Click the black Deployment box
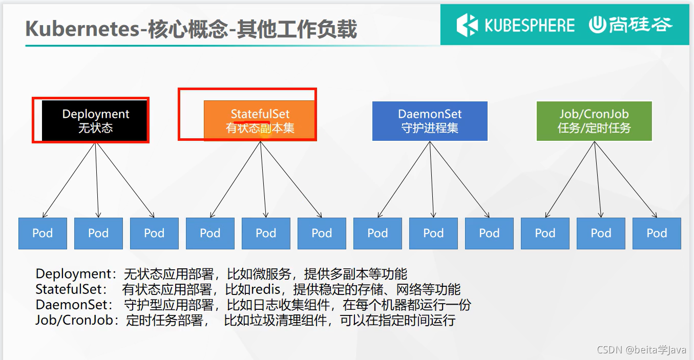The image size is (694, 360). pyautogui.click(x=95, y=121)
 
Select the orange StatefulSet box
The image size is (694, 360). pyautogui.click(x=260, y=121)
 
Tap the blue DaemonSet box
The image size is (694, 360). pyautogui.click(x=430, y=121)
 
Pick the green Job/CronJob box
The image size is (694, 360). pyautogui.click(x=594, y=121)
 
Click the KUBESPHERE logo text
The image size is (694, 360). pyautogui.click(x=529, y=25)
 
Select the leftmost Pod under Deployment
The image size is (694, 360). pyautogui.click(x=43, y=234)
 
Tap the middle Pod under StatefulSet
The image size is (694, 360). pyautogui.click(x=266, y=234)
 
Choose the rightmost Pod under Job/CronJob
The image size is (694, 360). pyautogui.click(x=657, y=234)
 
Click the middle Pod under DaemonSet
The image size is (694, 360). pyautogui.click(x=433, y=234)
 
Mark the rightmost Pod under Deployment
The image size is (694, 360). pyautogui.click(x=154, y=234)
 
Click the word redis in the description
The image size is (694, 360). pyautogui.click(x=265, y=289)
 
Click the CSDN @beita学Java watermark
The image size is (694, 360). pyautogui.click(x=641, y=349)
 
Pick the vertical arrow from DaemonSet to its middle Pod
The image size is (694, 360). pyautogui.click(x=432, y=179)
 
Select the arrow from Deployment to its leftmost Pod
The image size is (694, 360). pyautogui.click(x=69, y=179)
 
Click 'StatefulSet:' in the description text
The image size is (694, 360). pyautogui.click(x=72, y=289)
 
